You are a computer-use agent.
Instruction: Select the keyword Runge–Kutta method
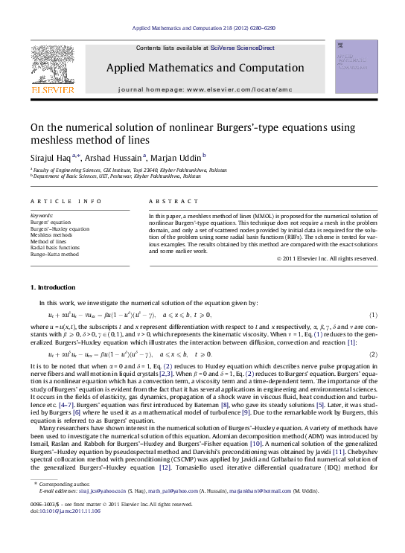54,254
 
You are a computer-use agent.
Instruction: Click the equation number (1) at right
373,316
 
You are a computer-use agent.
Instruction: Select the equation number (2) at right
373,354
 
